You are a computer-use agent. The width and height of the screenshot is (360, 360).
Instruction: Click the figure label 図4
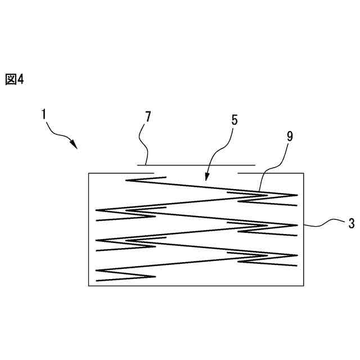[x=15, y=79]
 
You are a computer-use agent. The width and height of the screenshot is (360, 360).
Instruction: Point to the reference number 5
[x=235, y=120]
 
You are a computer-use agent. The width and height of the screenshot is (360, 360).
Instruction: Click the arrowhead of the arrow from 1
[x=75, y=145]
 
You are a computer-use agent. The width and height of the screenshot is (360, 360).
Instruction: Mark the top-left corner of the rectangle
[x=89, y=173]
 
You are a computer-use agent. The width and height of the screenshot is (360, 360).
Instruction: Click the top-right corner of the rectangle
[x=304, y=173]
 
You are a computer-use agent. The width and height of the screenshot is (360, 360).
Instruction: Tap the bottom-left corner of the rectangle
[x=89, y=286]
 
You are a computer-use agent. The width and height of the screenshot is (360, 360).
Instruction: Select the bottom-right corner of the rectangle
[x=304, y=286]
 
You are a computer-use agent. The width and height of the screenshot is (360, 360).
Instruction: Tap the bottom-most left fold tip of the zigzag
[x=97, y=271]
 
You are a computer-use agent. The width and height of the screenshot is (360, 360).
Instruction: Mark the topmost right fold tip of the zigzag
[x=296, y=196]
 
